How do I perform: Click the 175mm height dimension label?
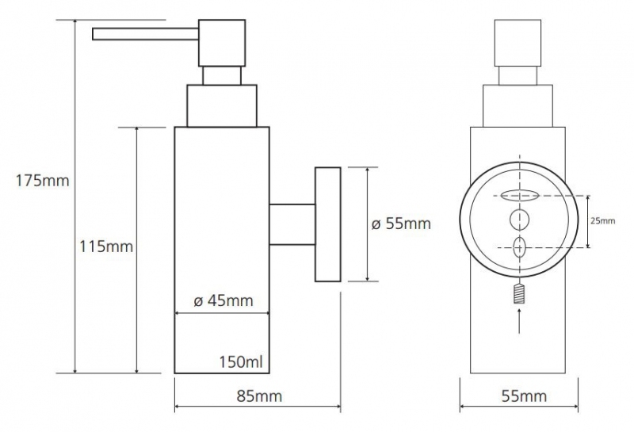point(43,181)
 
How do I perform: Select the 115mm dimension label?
point(106,246)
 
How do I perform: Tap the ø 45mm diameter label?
point(223,300)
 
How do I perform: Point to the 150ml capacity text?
point(241,361)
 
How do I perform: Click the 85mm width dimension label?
point(259,396)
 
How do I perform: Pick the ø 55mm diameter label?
point(401,224)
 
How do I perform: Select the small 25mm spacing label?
point(603,221)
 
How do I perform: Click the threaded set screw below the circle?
point(519,293)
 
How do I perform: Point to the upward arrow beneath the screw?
point(519,321)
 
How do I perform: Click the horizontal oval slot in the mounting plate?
point(520,196)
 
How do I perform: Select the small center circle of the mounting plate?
point(519,220)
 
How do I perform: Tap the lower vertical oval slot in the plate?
point(520,247)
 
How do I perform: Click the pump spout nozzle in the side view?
point(146,34)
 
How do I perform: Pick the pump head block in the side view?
point(222,43)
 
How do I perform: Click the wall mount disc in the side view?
point(328,224)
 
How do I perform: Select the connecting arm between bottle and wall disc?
point(292,224)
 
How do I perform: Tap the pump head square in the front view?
point(518,43)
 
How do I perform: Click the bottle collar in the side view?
point(222,106)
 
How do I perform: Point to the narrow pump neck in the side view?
point(222,75)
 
